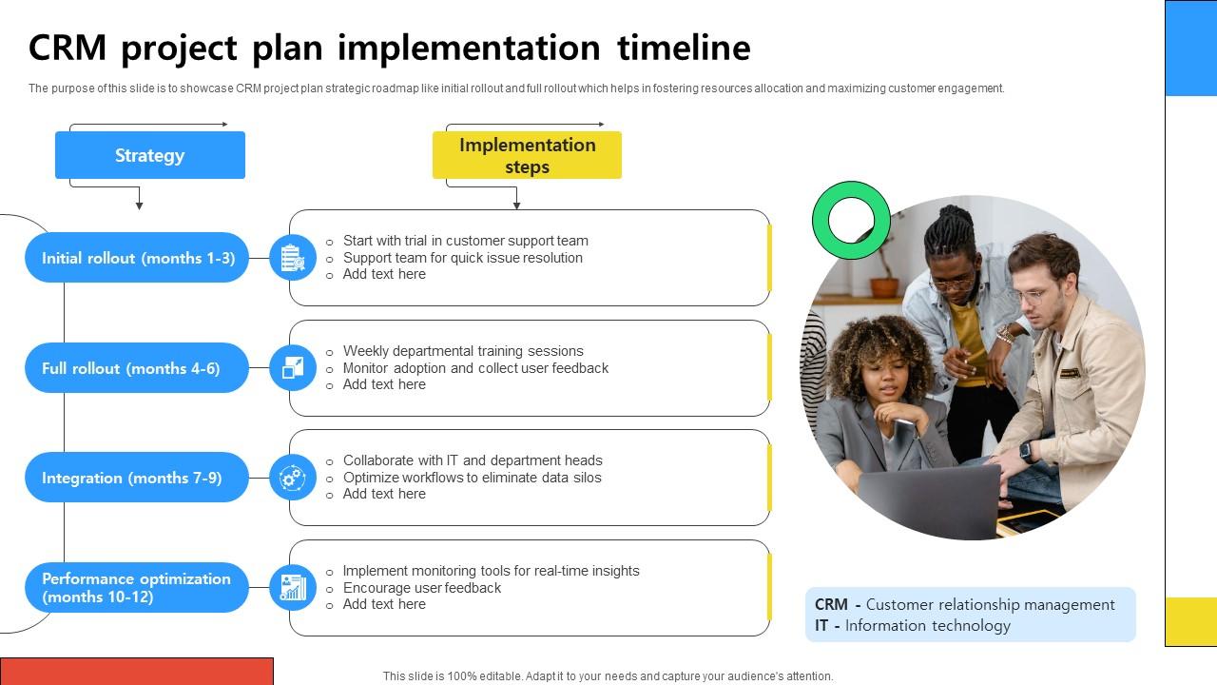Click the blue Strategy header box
[149, 155]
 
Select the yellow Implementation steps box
[527, 155]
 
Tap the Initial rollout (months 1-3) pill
[137, 258]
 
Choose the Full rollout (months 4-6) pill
[137, 368]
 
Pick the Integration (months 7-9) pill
[137, 478]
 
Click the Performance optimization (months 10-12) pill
[137, 588]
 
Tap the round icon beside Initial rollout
[293, 258]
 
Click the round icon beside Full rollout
[293, 368]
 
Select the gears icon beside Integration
[293, 478]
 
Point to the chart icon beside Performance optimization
[293, 588]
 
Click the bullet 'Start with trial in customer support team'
[465, 241]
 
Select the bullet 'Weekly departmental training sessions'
[463, 351]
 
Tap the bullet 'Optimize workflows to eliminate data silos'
[472, 478]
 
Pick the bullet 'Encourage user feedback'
[421, 588]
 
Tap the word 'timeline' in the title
[684, 48]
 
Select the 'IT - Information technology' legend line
[912, 625]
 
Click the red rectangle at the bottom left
[136, 671]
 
